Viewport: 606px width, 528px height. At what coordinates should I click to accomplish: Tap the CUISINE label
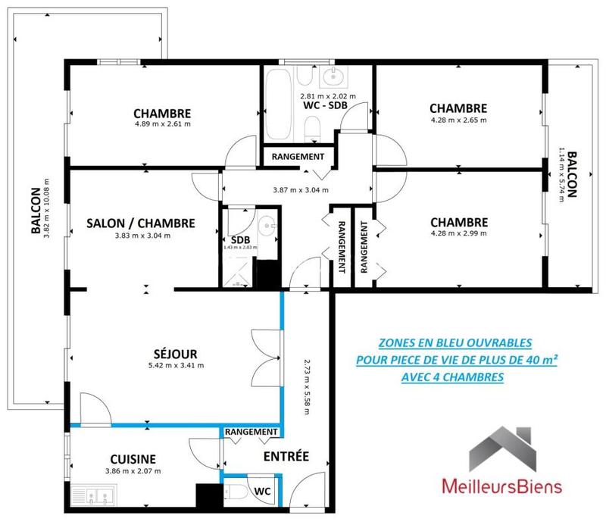pos(133,458)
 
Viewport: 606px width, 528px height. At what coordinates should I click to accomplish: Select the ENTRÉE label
pos(286,456)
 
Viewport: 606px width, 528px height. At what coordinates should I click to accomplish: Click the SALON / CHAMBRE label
pos(141,223)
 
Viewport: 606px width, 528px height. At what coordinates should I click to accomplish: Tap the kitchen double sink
pos(92,497)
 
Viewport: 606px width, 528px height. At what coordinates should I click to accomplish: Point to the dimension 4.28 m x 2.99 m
pos(458,234)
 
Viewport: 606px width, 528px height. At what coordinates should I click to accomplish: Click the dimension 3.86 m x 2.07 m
pos(133,470)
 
